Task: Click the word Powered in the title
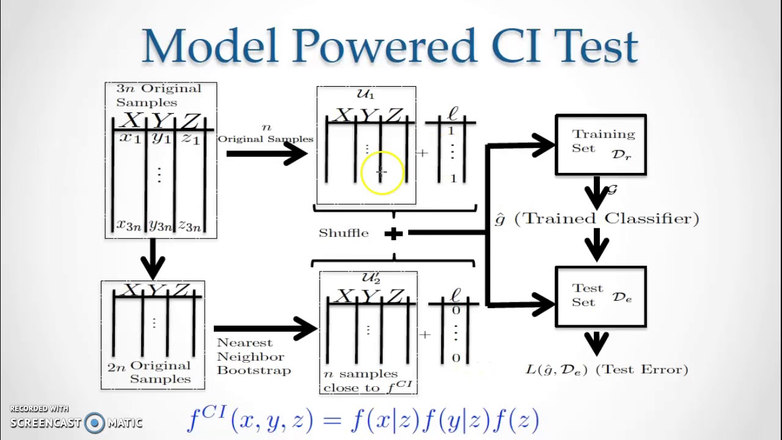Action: pos(384,46)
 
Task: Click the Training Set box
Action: pos(601,145)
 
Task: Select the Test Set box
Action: pos(601,296)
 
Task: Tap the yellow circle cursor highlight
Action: pos(382,173)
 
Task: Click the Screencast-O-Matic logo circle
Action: pos(95,422)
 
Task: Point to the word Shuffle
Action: pos(343,233)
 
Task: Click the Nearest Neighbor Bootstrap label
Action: pos(254,356)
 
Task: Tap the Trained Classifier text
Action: pos(597,219)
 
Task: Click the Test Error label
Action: pos(607,369)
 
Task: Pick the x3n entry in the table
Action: pos(128,226)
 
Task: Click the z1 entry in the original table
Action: pos(191,139)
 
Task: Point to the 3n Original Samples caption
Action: pos(158,95)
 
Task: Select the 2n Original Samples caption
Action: pos(153,372)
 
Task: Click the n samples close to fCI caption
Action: pos(368,380)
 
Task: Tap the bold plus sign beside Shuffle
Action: pos(393,233)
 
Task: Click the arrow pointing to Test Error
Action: pos(596,343)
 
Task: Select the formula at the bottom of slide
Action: pos(363,420)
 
